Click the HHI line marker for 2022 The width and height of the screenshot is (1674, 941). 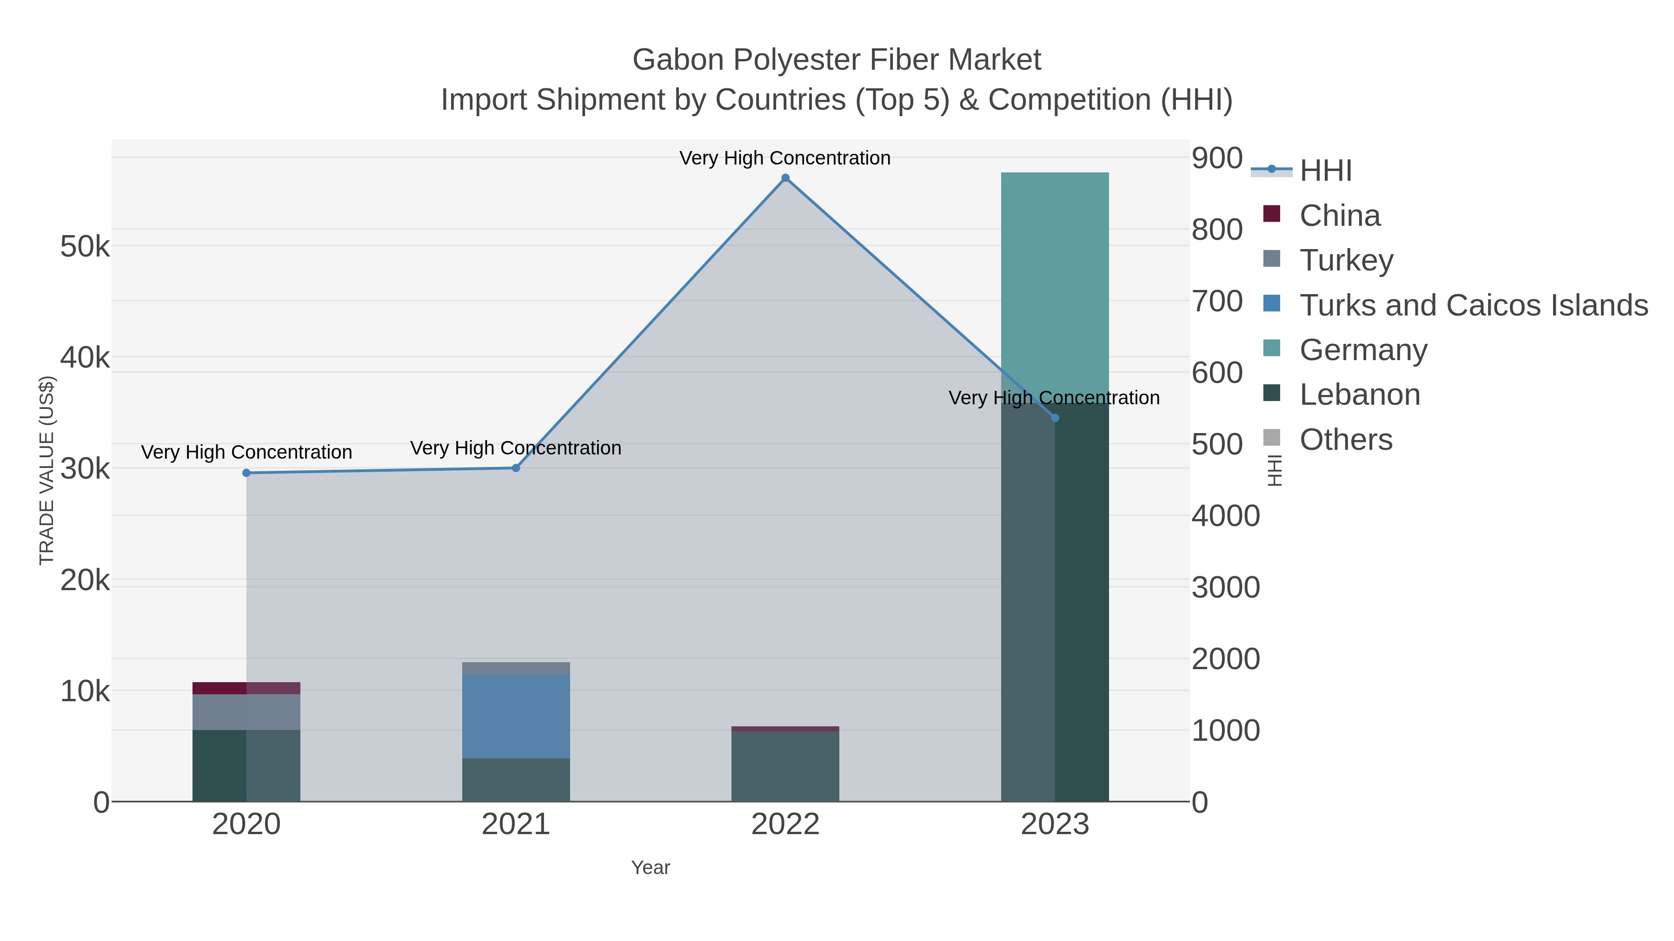coord(785,178)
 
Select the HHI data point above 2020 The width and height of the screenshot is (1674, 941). coord(246,473)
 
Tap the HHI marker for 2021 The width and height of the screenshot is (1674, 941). coord(516,467)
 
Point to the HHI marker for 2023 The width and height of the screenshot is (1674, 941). coord(1055,418)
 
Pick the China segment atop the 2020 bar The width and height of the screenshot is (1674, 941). coord(246,688)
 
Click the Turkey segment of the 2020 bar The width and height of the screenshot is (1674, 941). coord(246,712)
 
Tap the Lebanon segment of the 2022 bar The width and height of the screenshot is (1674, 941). coord(785,766)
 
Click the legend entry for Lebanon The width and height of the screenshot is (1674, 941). coord(1360,395)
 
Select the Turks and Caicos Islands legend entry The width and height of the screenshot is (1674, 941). coord(1473,305)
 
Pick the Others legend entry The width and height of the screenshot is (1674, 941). coord(1346,440)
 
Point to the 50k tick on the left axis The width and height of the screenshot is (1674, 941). coord(85,247)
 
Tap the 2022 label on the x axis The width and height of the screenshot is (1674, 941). coord(785,825)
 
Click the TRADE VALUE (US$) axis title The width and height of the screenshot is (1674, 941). coord(47,470)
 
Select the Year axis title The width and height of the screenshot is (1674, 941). coord(651,868)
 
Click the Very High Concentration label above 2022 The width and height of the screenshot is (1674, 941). coord(785,158)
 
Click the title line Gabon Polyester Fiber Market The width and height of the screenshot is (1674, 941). coord(837,60)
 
